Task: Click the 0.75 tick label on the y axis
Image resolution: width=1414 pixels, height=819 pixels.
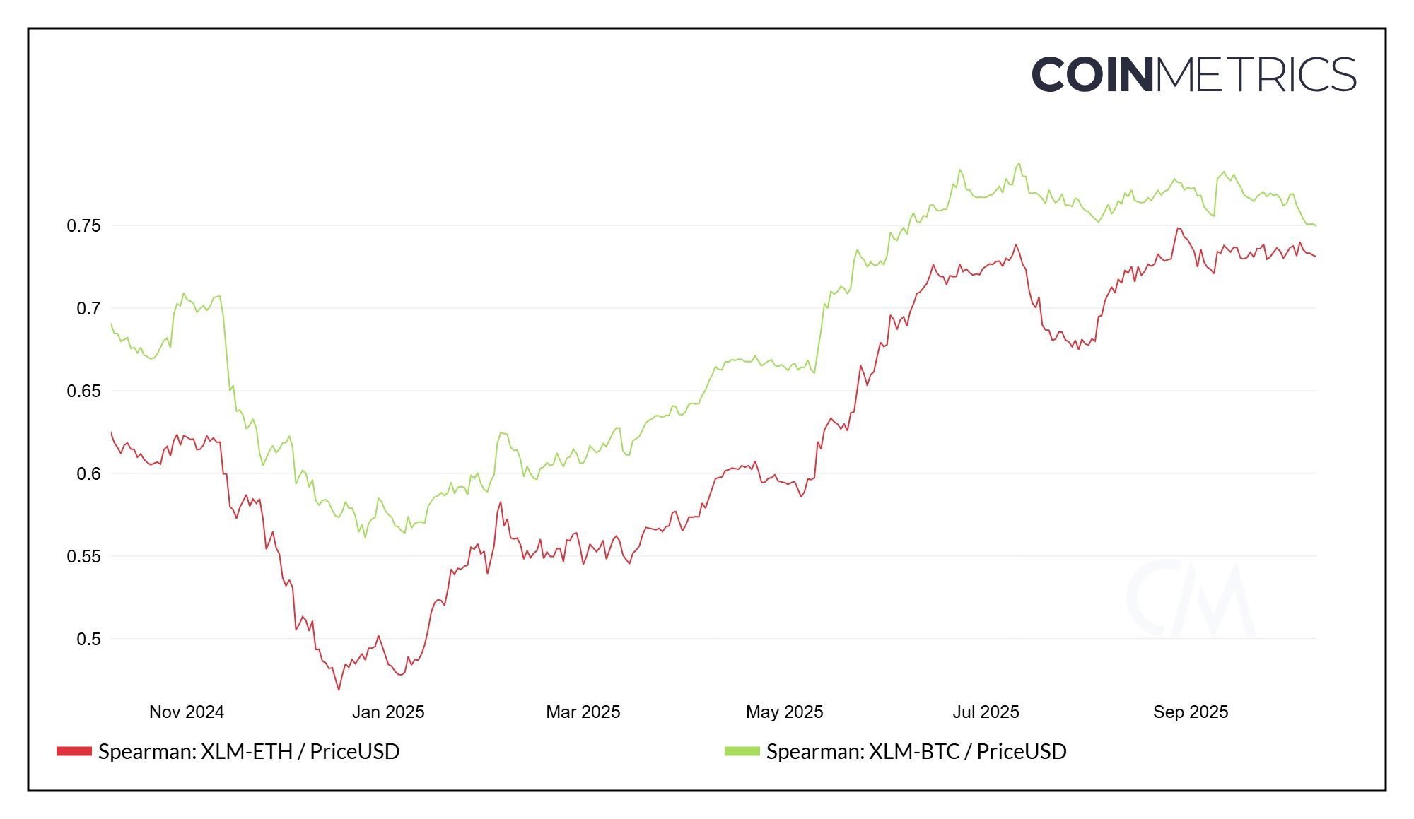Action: click(83, 226)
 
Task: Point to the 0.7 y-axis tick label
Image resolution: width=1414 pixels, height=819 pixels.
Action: click(88, 309)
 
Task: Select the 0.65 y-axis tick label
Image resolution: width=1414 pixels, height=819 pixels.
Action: click(83, 391)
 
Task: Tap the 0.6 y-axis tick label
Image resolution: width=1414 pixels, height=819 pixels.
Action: click(88, 474)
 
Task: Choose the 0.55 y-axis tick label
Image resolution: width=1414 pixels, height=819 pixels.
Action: click(83, 557)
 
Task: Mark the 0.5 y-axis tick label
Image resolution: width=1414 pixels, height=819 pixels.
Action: click(88, 640)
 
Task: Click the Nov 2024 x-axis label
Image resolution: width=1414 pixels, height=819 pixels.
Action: click(186, 712)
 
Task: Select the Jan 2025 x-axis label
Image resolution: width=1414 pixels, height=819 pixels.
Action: click(388, 712)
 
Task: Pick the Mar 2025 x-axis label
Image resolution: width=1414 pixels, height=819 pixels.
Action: click(583, 712)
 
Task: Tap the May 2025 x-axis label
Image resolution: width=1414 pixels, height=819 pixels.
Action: click(784, 712)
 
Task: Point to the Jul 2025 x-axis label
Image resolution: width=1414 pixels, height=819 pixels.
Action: click(986, 712)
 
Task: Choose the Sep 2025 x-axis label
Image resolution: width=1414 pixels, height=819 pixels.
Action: click(1191, 712)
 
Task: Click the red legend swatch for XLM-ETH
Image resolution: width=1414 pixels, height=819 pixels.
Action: click(74, 751)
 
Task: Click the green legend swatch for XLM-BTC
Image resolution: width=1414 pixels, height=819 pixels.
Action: click(742, 751)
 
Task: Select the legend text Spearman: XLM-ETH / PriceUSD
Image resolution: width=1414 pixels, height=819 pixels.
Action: click(249, 751)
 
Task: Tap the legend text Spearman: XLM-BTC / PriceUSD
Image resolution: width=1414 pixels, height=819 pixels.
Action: click(916, 751)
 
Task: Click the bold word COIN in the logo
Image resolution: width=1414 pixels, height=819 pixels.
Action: click(1092, 75)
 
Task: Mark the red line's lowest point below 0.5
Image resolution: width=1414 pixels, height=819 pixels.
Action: click(339, 689)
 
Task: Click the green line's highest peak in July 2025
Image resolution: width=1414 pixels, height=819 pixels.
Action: click(1019, 163)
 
